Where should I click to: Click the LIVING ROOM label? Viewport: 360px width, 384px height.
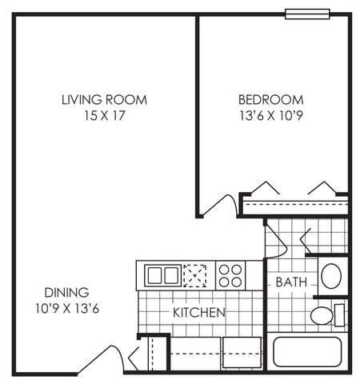click(104, 100)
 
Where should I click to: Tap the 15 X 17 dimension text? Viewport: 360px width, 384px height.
click(105, 116)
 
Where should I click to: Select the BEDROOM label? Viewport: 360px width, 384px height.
click(271, 100)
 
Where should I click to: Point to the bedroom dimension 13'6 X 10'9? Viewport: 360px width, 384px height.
click(271, 116)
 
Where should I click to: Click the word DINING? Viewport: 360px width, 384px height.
click(66, 293)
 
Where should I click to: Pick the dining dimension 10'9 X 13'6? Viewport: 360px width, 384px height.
click(67, 309)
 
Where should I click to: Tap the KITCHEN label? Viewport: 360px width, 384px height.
click(199, 313)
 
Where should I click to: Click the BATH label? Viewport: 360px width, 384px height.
click(291, 282)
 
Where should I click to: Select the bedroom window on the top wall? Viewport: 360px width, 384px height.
click(307, 14)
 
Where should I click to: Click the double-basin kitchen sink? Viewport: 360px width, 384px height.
click(162, 275)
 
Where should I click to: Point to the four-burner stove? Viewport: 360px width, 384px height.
click(230, 275)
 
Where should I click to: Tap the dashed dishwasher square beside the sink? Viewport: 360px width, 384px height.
click(195, 276)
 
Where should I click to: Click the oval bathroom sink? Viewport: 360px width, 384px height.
click(331, 276)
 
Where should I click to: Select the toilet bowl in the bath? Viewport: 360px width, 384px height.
click(322, 315)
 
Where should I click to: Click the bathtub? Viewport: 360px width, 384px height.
click(307, 352)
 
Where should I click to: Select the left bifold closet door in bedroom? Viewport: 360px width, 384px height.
click(266, 187)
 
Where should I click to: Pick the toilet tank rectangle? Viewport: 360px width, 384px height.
click(339, 315)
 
